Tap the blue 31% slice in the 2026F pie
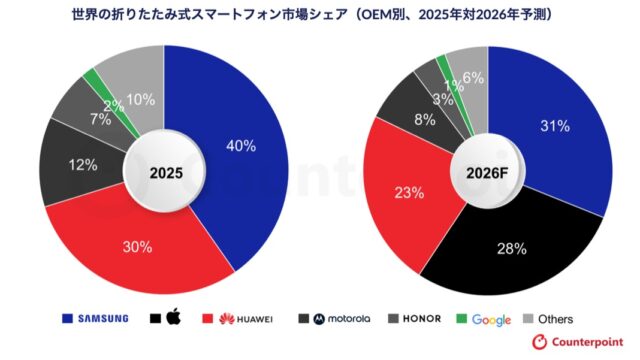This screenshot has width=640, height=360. tap(556, 126)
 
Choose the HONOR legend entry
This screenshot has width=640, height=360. tap(420, 319)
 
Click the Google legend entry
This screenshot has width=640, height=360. tap(486, 319)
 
